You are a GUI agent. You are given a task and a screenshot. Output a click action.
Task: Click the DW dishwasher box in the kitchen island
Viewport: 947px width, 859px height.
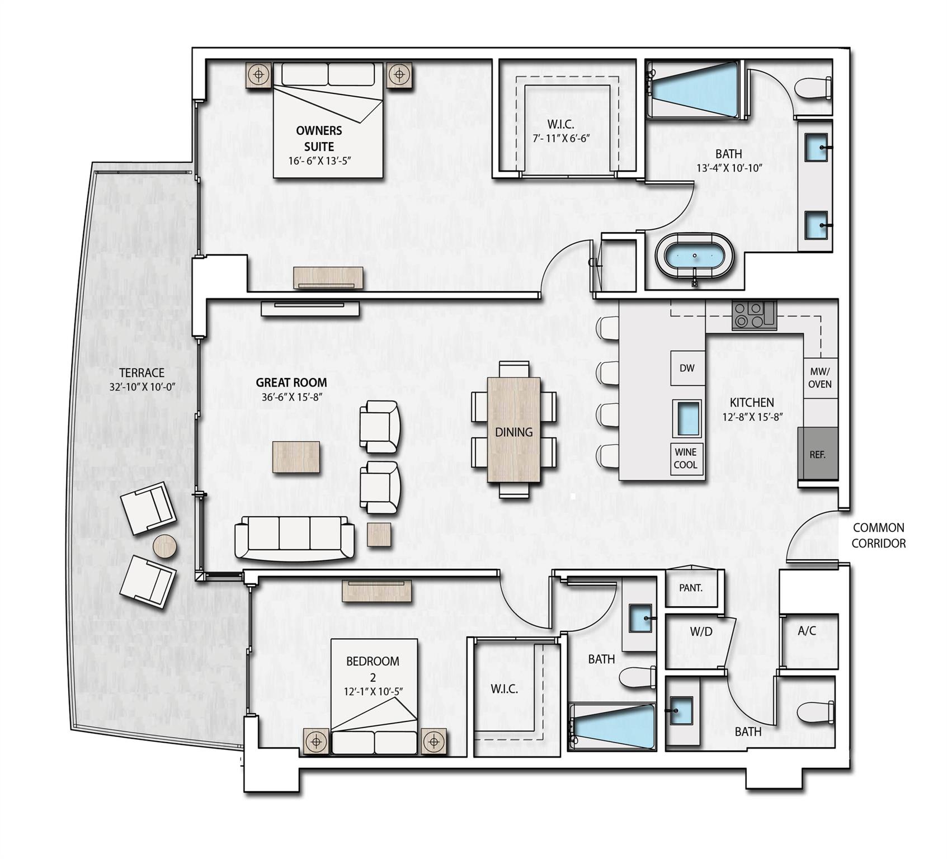click(687, 368)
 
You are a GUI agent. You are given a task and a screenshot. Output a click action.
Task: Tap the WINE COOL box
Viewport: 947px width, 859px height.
click(686, 459)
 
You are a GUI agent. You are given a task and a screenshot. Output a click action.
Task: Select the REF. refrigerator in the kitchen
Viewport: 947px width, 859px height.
click(817, 454)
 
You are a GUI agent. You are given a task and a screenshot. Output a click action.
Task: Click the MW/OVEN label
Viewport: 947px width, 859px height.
click(820, 377)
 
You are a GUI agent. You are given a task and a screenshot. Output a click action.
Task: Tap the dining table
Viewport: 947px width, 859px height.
click(513, 429)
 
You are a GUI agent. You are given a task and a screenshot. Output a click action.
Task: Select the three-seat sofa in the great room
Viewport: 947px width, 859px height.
click(294, 537)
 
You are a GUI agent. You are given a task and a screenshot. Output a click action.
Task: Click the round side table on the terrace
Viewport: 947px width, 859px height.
click(164, 546)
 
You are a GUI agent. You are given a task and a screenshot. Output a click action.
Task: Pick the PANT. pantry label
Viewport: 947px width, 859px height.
click(690, 588)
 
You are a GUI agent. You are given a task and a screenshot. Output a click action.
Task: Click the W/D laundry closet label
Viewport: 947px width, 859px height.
click(701, 631)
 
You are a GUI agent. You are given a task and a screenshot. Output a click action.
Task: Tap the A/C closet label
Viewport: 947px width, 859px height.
click(807, 631)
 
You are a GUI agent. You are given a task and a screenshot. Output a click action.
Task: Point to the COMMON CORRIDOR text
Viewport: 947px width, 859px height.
click(878, 535)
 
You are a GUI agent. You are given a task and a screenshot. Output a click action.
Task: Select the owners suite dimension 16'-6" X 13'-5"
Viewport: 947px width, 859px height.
click(319, 161)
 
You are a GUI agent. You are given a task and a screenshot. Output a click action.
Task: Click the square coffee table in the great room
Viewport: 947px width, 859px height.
click(296, 457)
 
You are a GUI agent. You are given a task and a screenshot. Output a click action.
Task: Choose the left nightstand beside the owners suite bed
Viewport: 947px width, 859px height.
click(259, 74)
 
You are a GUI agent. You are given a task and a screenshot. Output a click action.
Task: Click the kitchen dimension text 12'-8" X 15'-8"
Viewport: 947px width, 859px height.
click(752, 417)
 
